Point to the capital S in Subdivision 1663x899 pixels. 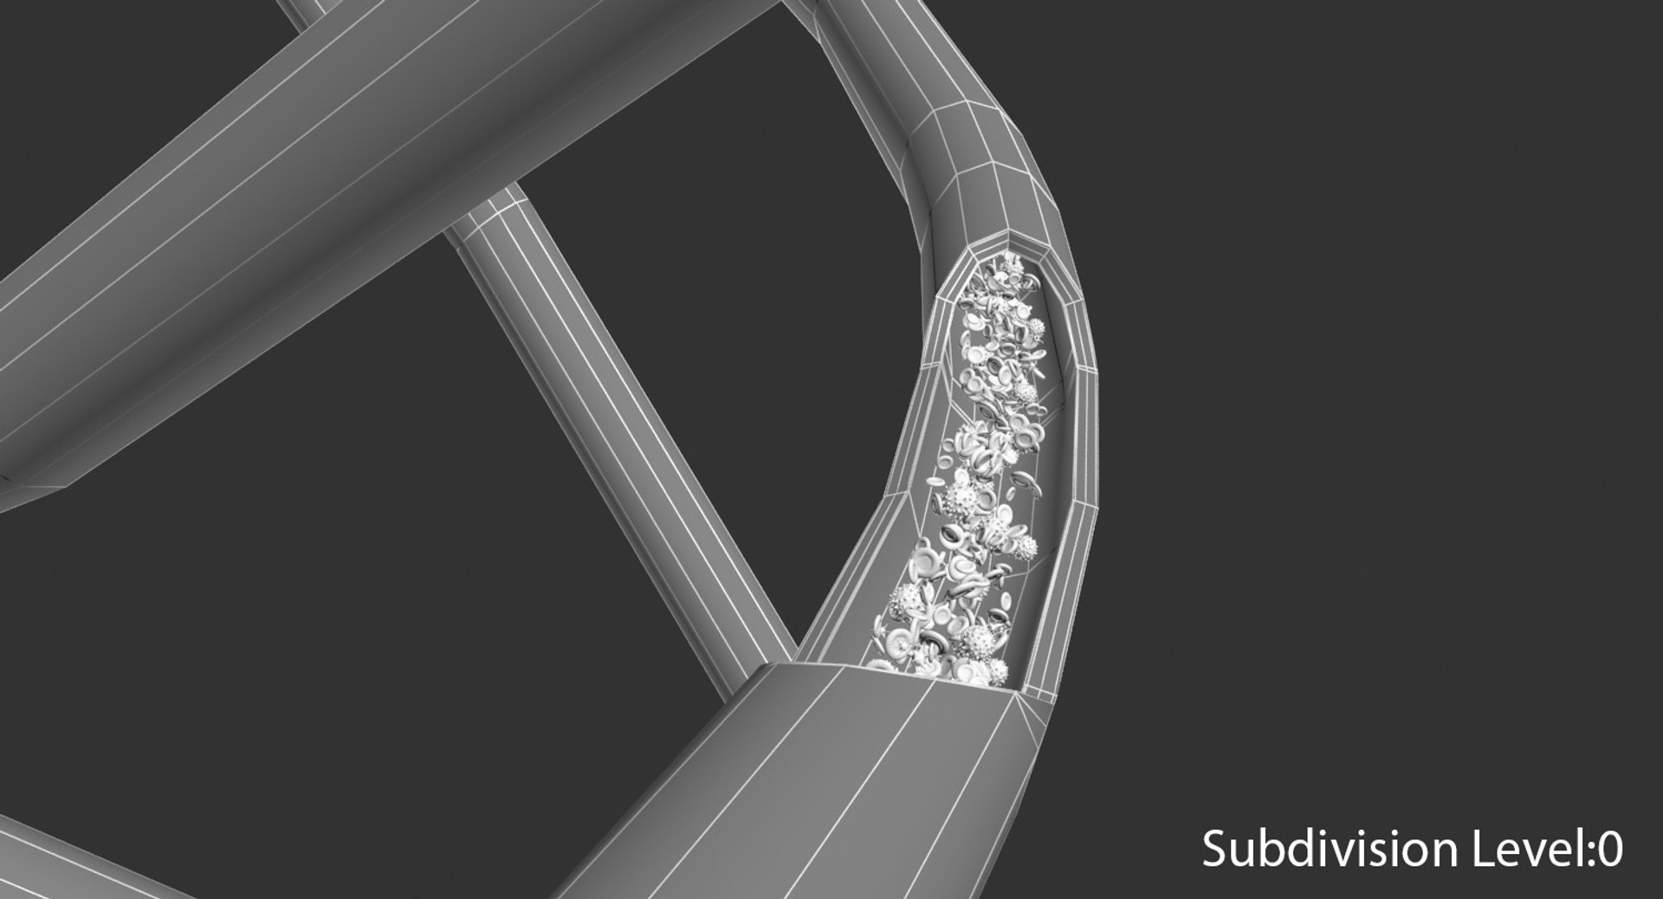tap(1214, 850)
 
